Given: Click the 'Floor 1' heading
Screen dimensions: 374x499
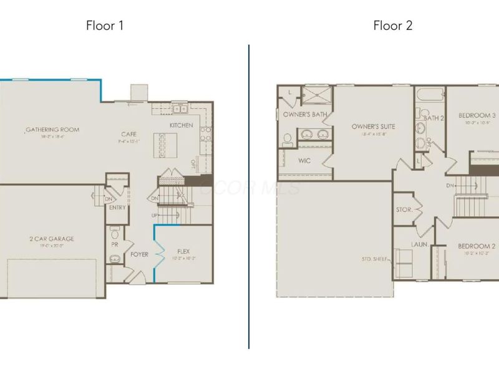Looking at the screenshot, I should [x=105, y=26].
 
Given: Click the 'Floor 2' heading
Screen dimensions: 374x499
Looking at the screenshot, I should [x=393, y=26].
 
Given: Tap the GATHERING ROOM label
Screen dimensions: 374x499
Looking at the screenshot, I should [x=52, y=130].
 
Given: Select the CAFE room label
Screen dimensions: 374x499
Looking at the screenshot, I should [x=129, y=134].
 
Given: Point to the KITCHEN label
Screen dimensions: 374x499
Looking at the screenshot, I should [x=182, y=125].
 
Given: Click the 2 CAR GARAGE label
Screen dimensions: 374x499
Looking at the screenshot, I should [x=52, y=239].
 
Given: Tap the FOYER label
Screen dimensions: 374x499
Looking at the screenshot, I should [x=139, y=254].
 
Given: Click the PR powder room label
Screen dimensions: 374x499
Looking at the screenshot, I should [x=114, y=246].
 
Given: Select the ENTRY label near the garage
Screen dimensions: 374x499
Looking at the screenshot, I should [x=117, y=208].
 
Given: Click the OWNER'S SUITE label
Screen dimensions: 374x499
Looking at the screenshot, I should [x=372, y=127].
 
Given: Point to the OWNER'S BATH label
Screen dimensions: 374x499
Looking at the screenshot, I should [x=305, y=115].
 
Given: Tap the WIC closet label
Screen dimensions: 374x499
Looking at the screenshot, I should [x=305, y=161].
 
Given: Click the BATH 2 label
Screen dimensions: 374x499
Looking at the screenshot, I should [x=434, y=118].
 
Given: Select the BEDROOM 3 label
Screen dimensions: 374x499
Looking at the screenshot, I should [x=477, y=115].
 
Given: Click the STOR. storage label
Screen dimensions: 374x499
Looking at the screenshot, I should [x=404, y=210].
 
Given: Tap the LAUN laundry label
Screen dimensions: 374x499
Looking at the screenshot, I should [x=419, y=244].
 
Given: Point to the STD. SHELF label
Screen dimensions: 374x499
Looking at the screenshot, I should [x=375, y=258].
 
